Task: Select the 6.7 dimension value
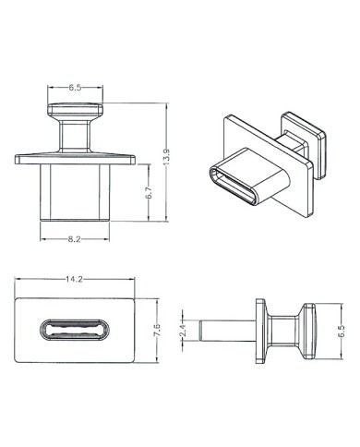(x=148, y=193)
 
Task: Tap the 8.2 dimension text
(x=75, y=239)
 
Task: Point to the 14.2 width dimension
(x=74, y=279)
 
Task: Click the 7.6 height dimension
(x=157, y=330)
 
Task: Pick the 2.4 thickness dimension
(x=183, y=331)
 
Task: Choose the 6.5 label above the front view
(x=75, y=88)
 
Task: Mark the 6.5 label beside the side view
(x=342, y=332)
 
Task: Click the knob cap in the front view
(x=75, y=109)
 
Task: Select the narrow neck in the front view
(x=75, y=136)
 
